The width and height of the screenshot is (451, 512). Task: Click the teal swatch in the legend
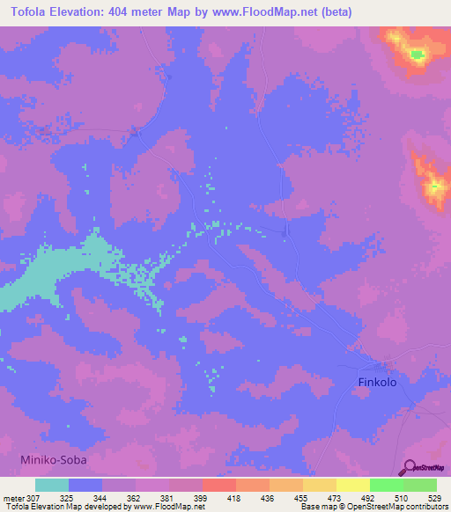tap(52, 485)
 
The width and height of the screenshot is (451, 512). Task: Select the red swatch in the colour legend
tap(219, 485)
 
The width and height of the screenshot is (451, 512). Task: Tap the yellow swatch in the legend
tap(353, 485)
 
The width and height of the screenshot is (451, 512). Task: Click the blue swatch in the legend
tap(85, 485)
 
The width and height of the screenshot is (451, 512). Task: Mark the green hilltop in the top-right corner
tap(416, 55)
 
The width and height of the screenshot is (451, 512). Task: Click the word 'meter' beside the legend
tap(13, 498)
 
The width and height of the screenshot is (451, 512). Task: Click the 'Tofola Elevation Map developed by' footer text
tap(52, 507)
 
